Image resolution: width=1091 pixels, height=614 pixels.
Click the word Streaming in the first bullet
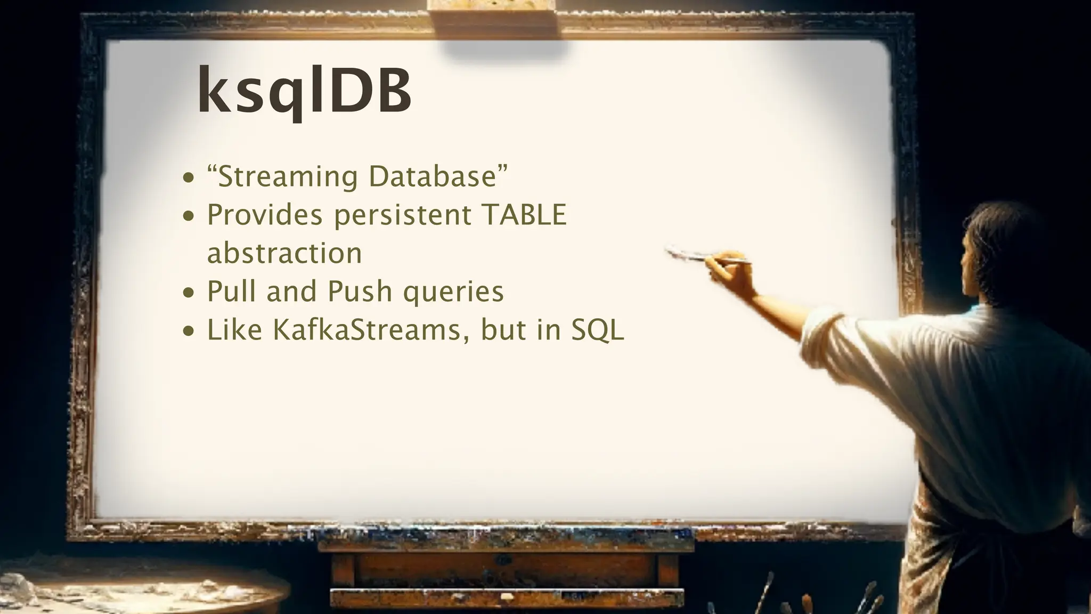(288, 177)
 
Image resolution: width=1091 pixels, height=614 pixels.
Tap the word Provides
(265, 215)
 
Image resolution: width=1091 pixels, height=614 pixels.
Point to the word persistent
(403, 216)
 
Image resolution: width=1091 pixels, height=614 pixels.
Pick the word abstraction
(284, 253)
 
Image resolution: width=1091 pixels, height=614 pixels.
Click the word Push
(360, 292)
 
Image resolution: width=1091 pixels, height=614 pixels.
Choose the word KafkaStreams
(367, 330)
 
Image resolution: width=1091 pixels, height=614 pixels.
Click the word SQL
(597, 330)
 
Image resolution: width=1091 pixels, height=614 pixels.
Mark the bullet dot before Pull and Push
(188, 293)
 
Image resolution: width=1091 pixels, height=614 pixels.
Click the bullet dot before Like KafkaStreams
(188, 331)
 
